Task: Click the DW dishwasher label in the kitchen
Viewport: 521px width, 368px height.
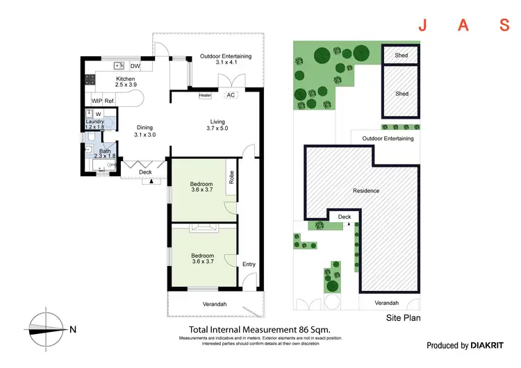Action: coord(135,67)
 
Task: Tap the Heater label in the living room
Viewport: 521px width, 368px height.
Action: coord(205,95)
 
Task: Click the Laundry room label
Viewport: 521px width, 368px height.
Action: coord(94,122)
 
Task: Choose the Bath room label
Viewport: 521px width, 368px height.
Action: coord(104,151)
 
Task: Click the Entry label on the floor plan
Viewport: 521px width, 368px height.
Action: coord(248,264)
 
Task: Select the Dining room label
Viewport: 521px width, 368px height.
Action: coord(145,127)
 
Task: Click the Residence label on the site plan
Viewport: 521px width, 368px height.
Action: coord(366,191)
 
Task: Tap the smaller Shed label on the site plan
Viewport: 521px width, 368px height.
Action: coord(402,56)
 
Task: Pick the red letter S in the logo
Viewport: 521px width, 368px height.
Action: coord(505,26)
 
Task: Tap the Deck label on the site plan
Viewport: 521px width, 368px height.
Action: coord(345,217)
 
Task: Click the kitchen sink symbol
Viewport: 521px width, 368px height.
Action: coord(119,66)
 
